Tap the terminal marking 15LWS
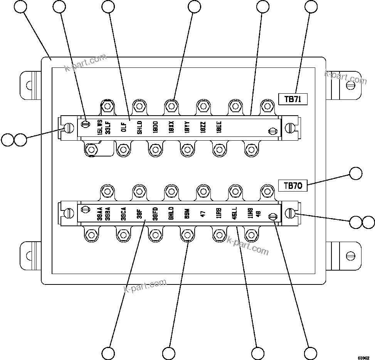(x=100, y=127)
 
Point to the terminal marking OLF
(x=124, y=127)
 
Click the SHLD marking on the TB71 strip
(x=140, y=127)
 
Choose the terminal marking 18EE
(x=219, y=127)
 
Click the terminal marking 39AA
(x=100, y=213)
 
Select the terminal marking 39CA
(x=124, y=213)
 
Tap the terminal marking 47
(x=203, y=213)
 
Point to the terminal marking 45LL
(x=235, y=213)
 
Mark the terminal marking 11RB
(x=219, y=213)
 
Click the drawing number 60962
(x=364, y=357)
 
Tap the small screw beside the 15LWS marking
(x=86, y=123)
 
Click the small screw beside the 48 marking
(x=273, y=217)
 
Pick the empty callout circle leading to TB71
(x=311, y=7)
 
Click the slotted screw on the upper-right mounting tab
(x=351, y=85)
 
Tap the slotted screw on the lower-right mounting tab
(x=351, y=256)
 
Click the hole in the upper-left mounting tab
(x=28, y=85)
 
